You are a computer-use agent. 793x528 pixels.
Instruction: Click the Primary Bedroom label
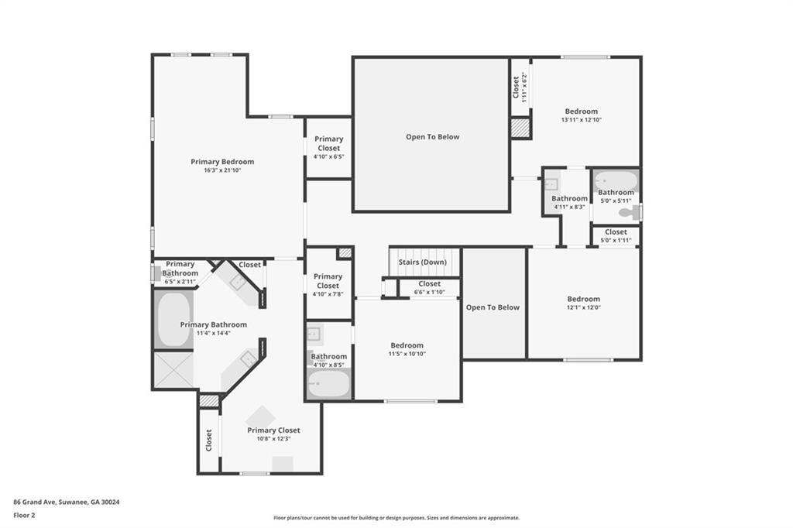click(x=222, y=162)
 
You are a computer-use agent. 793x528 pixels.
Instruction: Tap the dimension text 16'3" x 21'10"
click(x=222, y=170)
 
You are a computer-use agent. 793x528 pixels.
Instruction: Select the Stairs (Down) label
click(x=422, y=262)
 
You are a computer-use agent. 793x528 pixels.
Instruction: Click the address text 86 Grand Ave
click(x=34, y=502)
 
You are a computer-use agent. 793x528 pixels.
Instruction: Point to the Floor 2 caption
click(x=24, y=516)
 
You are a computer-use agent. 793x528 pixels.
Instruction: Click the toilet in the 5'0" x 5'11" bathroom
click(x=630, y=212)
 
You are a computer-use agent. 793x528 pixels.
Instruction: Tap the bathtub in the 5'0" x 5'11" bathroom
click(x=616, y=180)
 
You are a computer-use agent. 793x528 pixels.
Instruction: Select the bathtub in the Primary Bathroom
click(x=173, y=319)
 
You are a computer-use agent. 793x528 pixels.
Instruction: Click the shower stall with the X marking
click(x=173, y=370)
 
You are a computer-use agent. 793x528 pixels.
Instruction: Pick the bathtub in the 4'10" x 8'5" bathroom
click(x=328, y=383)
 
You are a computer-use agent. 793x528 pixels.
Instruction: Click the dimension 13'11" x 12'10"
click(x=581, y=120)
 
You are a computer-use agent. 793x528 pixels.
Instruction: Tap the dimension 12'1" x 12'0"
click(x=584, y=307)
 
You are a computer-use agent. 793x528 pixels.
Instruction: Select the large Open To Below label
click(x=432, y=136)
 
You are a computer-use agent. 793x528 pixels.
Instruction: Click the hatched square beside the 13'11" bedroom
click(x=520, y=128)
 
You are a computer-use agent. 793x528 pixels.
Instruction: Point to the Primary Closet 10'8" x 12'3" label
click(x=273, y=434)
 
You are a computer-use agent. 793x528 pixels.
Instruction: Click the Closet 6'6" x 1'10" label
click(x=429, y=288)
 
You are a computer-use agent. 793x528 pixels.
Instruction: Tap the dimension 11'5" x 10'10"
click(x=407, y=354)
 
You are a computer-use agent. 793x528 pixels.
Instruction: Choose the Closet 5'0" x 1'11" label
click(x=616, y=235)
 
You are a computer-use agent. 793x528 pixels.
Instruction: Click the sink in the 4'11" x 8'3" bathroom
click(x=551, y=183)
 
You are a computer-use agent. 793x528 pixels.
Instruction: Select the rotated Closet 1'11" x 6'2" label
click(x=520, y=88)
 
